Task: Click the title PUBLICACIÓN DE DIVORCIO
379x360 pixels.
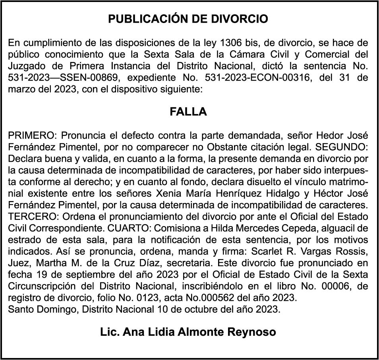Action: point(188,19)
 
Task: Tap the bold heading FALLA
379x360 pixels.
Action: point(188,112)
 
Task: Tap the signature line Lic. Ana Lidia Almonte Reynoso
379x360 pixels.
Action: point(188,331)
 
